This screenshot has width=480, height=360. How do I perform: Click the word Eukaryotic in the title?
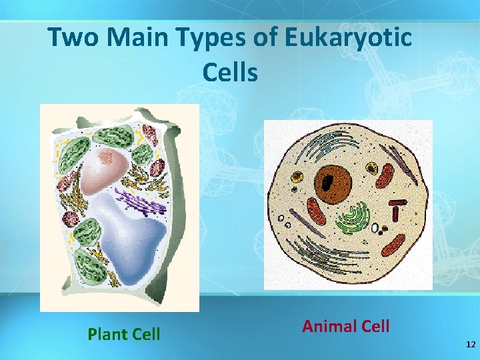coord(349,38)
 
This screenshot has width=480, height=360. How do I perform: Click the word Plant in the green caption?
coord(107,333)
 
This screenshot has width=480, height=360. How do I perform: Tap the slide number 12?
coord(471,345)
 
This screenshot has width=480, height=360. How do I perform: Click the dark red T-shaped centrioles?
coord(397,209)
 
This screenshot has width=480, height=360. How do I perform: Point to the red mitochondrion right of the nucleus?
coord(385,177)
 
